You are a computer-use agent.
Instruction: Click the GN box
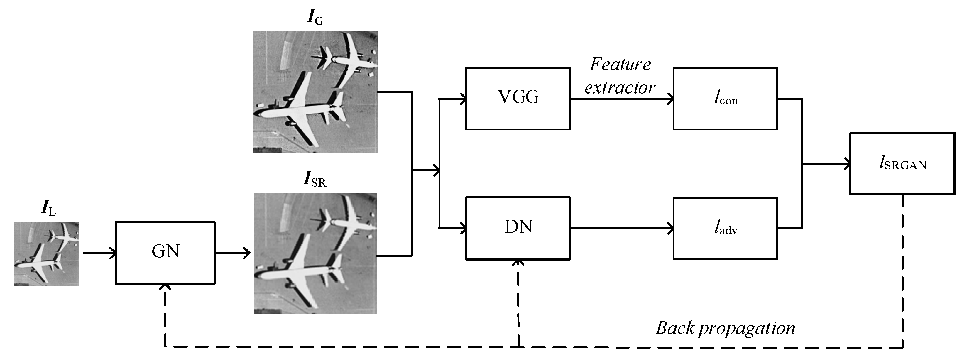[165, 253]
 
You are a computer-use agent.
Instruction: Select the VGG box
[518, 99]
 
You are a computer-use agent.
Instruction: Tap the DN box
[518, 228]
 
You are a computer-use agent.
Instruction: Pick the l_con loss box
[725, 99]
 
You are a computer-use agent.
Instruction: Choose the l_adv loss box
[725, 228]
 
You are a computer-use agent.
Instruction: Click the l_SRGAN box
[902, 163]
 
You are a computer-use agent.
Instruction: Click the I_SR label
[315, 179]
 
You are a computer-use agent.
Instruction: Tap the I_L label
[48, 208]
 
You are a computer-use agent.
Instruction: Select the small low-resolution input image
[47, 254]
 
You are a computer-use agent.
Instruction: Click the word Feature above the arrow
[620, 65]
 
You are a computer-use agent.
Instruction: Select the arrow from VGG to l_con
[622, 99]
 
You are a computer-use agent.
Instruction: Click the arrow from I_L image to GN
[99, 253]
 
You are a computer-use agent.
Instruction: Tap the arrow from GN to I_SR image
[232, 253]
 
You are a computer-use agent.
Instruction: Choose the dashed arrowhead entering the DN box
[518, 263]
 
